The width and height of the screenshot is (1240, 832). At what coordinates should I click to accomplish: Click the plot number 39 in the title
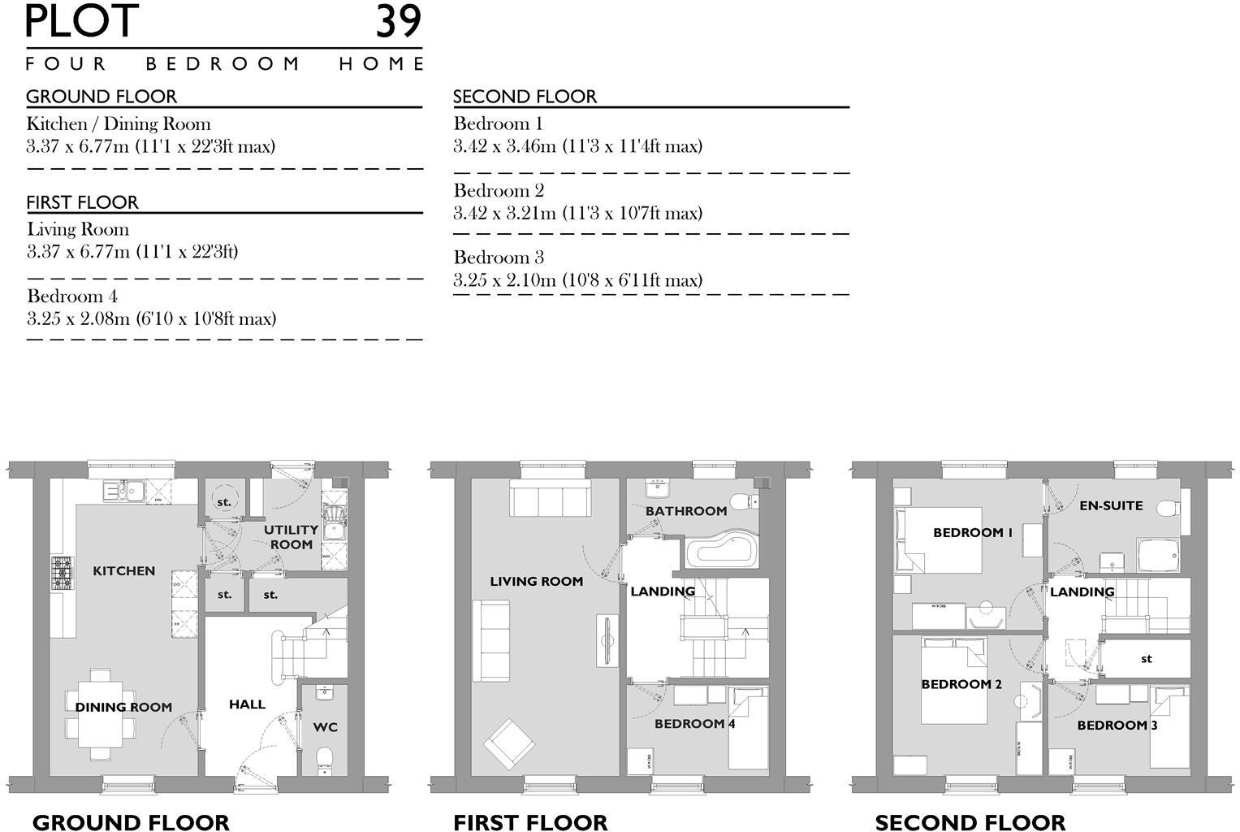[398, 22]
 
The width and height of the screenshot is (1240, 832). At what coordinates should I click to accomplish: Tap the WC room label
[326, 727]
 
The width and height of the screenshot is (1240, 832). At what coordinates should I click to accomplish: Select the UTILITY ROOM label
[291, 537]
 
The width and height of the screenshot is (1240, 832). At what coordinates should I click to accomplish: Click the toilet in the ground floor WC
[326, 760]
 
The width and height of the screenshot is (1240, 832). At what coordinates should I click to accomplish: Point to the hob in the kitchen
[62, 572]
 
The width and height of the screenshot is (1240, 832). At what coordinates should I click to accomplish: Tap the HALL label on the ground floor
[247, 704]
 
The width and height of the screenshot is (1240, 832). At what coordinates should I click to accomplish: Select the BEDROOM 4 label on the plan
[694, 724]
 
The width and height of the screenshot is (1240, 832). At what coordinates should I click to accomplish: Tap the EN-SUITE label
[1111, 505]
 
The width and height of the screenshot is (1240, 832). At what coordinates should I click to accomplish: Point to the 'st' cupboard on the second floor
[1146, 659]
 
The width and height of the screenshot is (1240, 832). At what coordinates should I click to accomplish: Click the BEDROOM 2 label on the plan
[961, 684]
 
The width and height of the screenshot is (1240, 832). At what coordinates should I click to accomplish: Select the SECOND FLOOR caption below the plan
[970, 823]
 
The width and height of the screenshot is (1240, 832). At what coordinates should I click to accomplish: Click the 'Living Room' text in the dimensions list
[78, 229]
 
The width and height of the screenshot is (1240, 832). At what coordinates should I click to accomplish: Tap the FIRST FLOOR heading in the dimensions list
[82, 202]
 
